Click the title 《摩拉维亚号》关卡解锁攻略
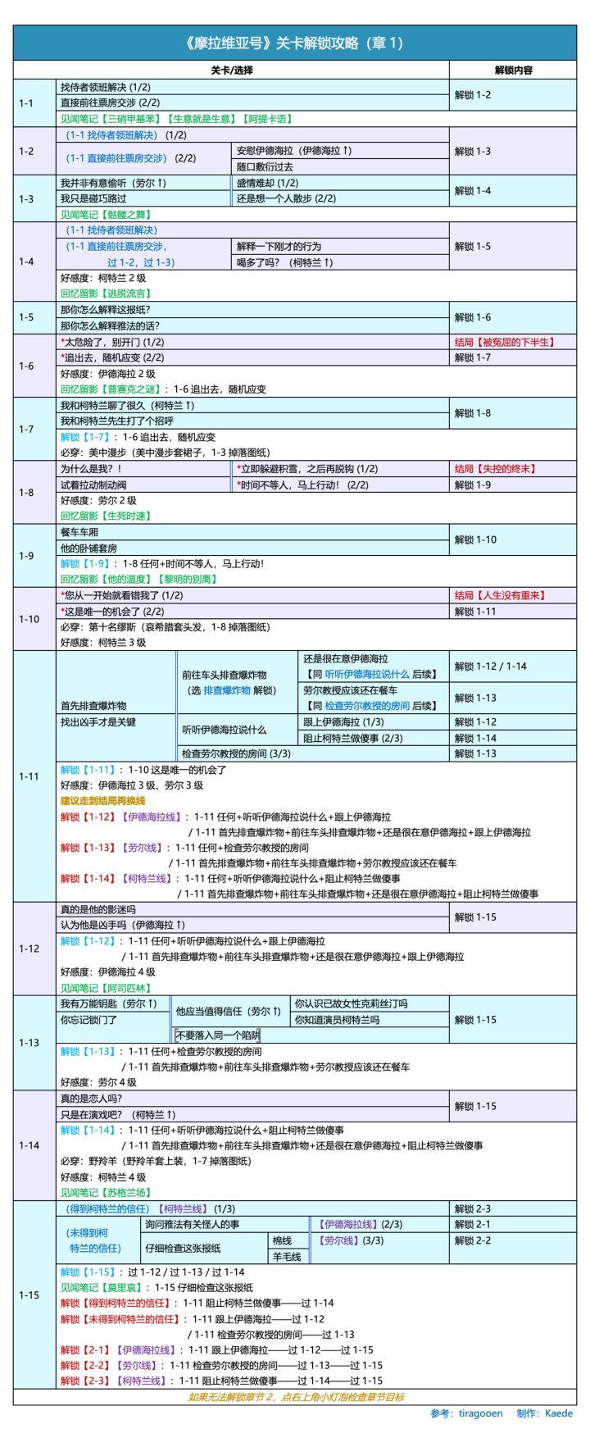pyautogui.click(x=294, y=43)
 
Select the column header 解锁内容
pyautogui.click(x=513, y=71)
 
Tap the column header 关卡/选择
pyautogui.click(x=232, y=71)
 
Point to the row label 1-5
pyautogui.click(x=27, y=317)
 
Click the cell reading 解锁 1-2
pyautogui.click(x=473, y=95)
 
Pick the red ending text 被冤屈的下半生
pyautogui.click(x=504, y=342)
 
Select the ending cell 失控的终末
pyautogui.click(x=495, y=469)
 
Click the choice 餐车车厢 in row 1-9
pyautogui.click(x=79, y=532)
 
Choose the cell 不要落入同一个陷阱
pyautogui.click(x=217, y=1035)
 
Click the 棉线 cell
pyautogui.click(x=282, y=1240)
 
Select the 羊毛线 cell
pyautogui.click(x=287, y=1256)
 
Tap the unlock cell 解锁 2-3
pyautogui.click(x=473, y=1208)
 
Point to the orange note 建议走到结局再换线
pyautogui.click(x=102, y=800)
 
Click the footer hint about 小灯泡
pyautogui.click(x=296, y=1397)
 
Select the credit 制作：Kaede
pyautogui.click(x=545, y=1413)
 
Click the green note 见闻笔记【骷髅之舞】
pyautogui.click(x=106, y=215)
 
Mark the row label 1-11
pyautogui.click(x=29, y=776)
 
